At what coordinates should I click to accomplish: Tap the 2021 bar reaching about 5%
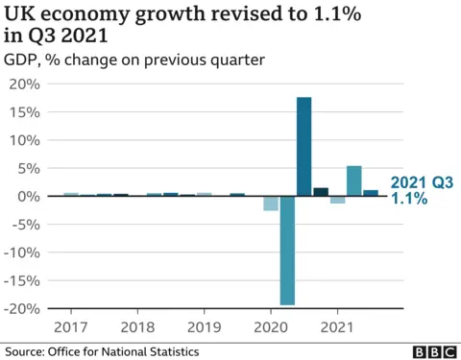(353, 180)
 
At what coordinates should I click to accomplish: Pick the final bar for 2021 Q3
(370, 193)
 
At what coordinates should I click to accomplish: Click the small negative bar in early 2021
(337, 200)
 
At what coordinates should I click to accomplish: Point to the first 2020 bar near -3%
(271, 203)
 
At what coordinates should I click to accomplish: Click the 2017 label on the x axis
(70, 326)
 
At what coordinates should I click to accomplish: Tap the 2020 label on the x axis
(270, 326)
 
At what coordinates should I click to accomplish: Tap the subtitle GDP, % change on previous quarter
(134, 60)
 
